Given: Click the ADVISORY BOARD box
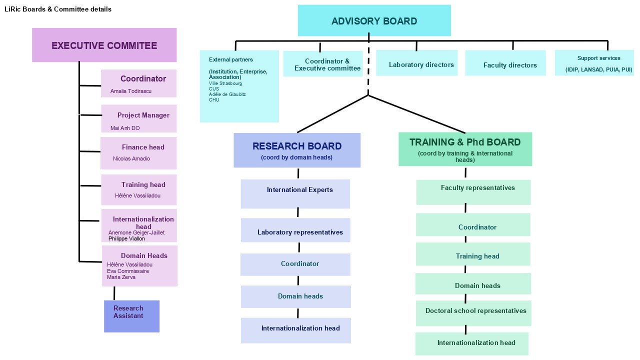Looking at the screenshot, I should click(x=374, y=21).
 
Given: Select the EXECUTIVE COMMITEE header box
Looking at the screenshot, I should click(x=104, y=45).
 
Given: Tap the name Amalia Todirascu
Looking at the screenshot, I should click(x=131, y=91).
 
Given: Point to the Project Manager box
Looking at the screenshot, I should click(x=139, y=118).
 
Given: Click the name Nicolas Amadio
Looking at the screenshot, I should click(x=131, y=158).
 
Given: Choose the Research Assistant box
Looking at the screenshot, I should click(x=131, y=316).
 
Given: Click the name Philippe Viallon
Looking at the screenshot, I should click(x=126, y=239).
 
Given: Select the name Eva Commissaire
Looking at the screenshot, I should click(x=128, y=271).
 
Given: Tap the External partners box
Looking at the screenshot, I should click(x=239, y=86).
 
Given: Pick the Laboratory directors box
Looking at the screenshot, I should click(x=416, y=63).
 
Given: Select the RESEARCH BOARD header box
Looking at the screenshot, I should click(x=297, y=150).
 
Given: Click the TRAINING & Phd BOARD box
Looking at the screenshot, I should click(x=465, y=149).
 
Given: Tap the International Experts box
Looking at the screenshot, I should click(x=295, y=194).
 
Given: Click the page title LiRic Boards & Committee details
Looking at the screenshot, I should click(x=58, y=9).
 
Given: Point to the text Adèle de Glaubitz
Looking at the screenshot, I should click(x=227, y=94).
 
